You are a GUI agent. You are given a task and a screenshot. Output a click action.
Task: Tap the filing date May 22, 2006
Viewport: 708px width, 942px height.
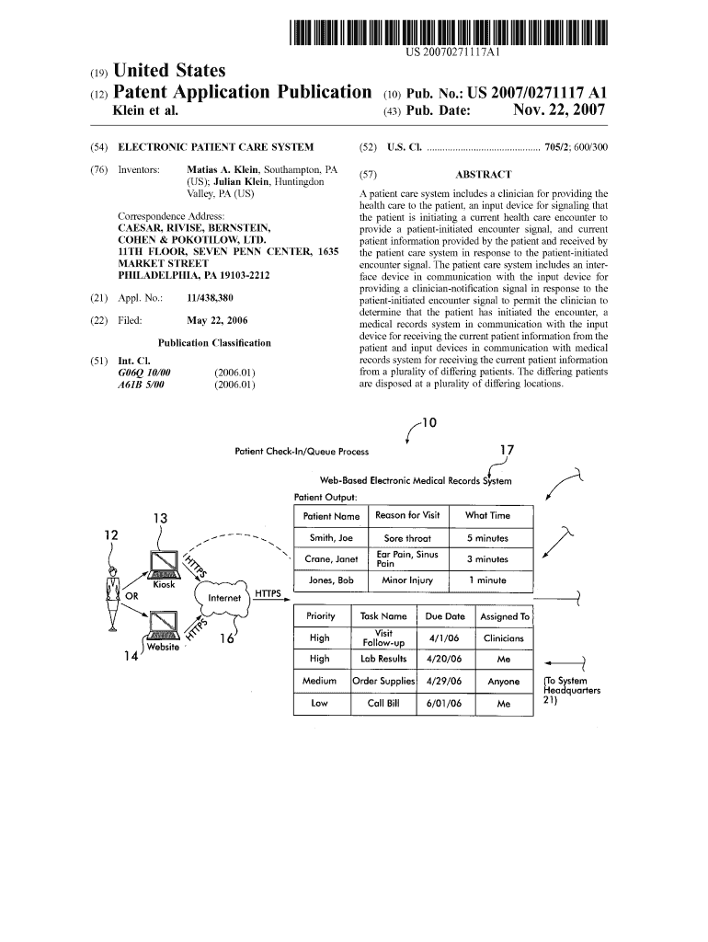(x=217, y=320)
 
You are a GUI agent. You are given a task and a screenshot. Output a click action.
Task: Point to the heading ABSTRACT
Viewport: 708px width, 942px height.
(x=484, y=174)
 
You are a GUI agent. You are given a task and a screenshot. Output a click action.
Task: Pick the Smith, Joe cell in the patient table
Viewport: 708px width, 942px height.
(x=330, y=538)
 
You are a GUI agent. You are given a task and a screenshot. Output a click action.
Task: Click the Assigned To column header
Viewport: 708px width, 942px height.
(x=504, y=616)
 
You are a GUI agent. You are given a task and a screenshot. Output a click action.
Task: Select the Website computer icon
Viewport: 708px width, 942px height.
(x=163, y=626)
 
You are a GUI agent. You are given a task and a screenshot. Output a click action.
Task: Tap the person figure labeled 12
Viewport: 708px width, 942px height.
(x=113, y=598)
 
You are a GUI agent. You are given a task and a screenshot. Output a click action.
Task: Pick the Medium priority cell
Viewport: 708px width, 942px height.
(x=320, y=682)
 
